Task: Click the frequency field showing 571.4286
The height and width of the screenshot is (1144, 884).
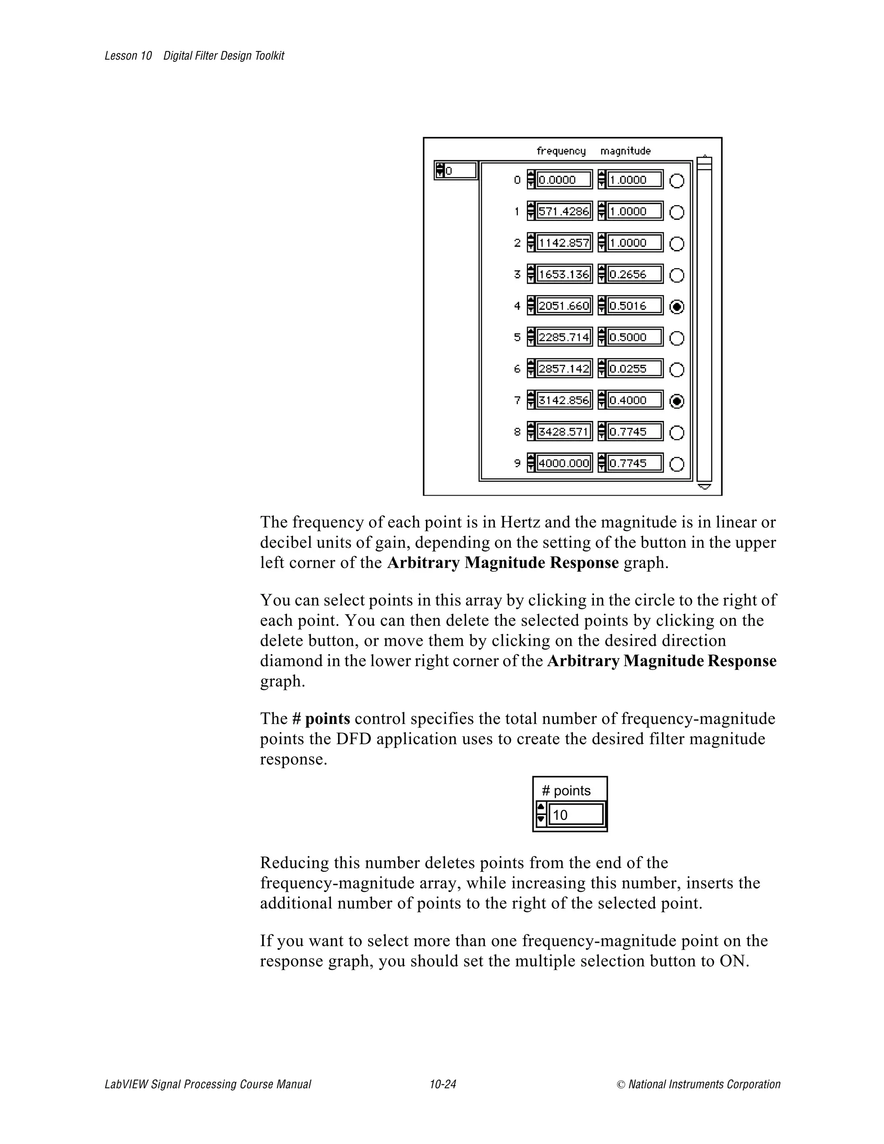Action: click(x=563, y=212)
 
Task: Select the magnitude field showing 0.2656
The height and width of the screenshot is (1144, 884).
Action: click(x=634, y=275)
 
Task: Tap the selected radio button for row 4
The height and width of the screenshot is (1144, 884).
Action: click(x=677, y=307)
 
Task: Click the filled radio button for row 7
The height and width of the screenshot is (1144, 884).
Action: click(x=677, y=401)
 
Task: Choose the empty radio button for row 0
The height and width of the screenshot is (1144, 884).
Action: click(x=677, y=181)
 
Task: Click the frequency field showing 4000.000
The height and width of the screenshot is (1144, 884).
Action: click(x=563, y=464)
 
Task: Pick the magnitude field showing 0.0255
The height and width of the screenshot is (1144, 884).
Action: click(x=634, y=369)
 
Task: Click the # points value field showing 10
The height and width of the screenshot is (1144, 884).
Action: click(x=575, y=815)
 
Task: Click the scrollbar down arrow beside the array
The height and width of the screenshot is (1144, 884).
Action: click(x=704, y=487)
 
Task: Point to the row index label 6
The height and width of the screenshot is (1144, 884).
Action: click(x=517, y=369)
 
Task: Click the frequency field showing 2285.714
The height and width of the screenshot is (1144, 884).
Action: click(x=563, y=337)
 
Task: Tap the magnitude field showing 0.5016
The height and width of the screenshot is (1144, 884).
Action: click(x=634, y=306)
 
